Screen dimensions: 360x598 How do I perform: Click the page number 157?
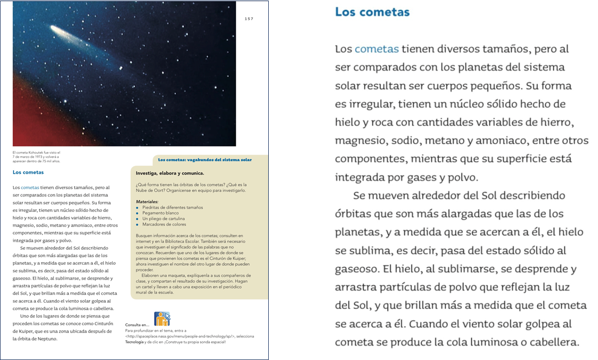249,19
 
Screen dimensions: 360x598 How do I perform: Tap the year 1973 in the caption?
43,157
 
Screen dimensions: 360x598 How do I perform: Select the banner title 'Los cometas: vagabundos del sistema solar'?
205,160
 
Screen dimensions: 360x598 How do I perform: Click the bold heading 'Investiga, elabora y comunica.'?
170,173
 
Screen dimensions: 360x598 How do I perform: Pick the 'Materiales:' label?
147,202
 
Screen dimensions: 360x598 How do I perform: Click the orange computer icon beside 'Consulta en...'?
161,319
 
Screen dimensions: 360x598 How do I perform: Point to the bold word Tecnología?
134,342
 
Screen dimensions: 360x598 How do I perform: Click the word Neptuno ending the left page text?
46,338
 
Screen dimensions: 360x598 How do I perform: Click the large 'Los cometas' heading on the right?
372,12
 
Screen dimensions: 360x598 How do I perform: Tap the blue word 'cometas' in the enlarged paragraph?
377,49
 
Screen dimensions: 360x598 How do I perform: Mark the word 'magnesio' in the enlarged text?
360,141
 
